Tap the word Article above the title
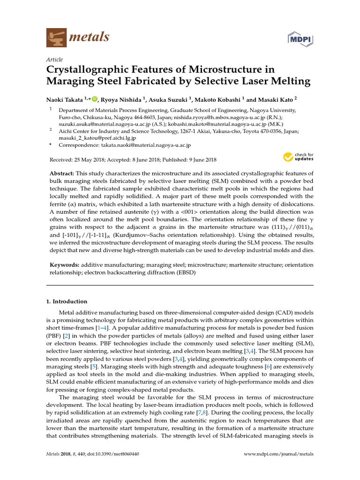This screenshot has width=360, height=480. tap(54, 60)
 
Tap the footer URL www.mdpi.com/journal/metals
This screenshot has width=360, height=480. tap(279, 454)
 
